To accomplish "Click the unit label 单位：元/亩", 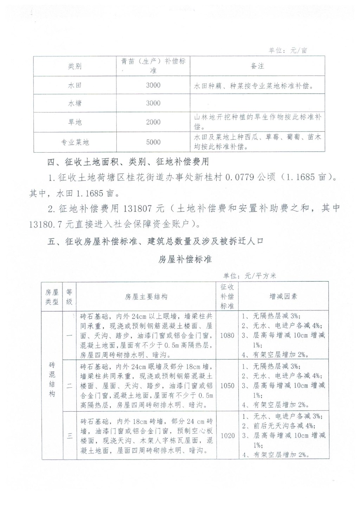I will click(x=288, y=50).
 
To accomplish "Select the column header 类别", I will click(x=75, y=66).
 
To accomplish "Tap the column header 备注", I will click(x=257, y=66).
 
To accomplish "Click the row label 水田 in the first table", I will click(x=75, y=85).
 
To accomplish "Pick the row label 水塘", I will click(x=75, y=103).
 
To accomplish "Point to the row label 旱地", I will click(x=75, y=122).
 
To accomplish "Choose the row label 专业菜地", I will click(x=75, y=142).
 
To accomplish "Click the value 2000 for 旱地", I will click(x=153, y=122).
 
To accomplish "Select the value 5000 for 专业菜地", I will click(x=153, y=142).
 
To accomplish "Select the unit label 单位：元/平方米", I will click(x=250, y=276).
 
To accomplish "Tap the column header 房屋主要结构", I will click(x=146, y=297).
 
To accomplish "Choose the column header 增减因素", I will click(x=283, y=296).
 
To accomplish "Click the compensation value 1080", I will click(x=227, y=335).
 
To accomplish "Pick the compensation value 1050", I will click(x=227, y=386).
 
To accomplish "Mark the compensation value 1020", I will click(x=227, y=436).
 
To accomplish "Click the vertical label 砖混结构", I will click(x=52, y=380).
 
